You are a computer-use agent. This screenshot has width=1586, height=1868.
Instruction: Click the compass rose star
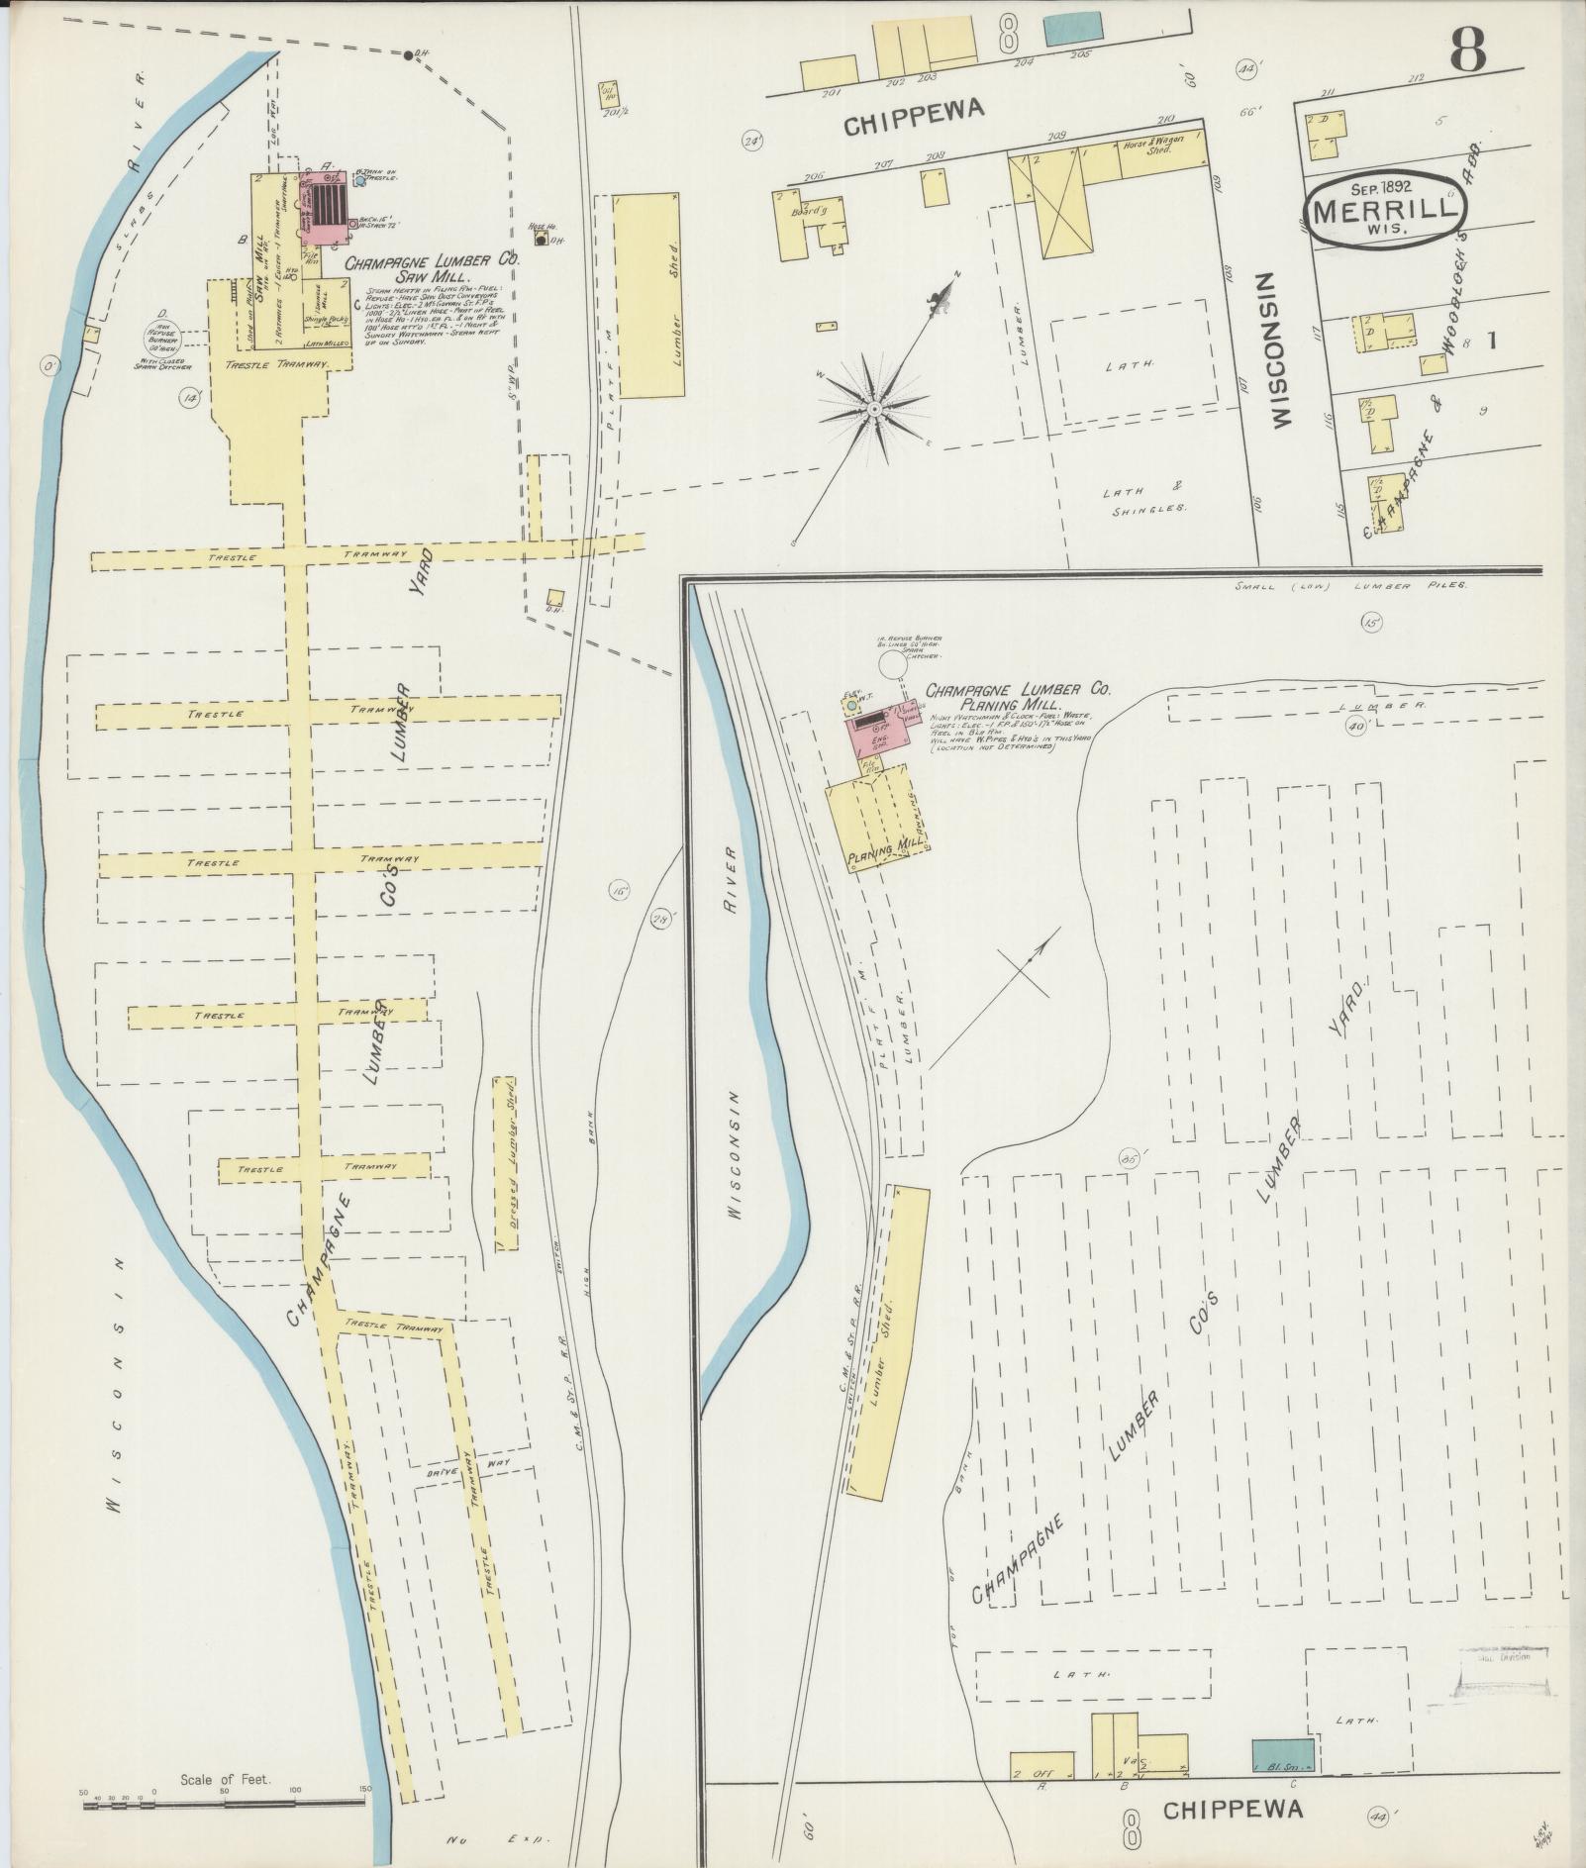pyautogui.click(x=874, y=408)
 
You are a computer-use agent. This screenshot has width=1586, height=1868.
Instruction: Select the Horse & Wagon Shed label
pyautogui.click(x=1148, y=147)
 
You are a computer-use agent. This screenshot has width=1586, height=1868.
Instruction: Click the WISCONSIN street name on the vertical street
pyautogui.click(x=1282, y=351)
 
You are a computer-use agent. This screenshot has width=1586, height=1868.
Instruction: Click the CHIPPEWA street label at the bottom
pyautogui.click(x=1232, y=1810)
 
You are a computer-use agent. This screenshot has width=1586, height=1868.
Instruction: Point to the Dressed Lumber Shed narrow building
pyautogui.click(x=506, y=1163)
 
